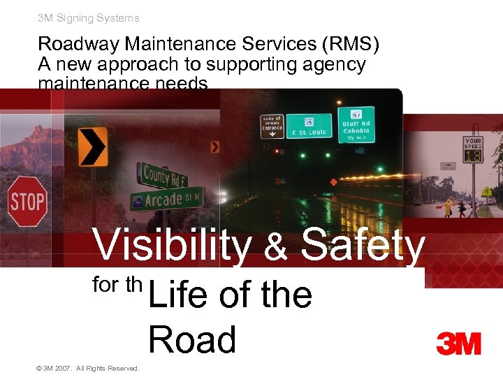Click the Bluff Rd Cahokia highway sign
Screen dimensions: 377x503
pyautogui.click(x=356, y=124)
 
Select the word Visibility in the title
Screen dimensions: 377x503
pyautogui.click(x=172, y=246)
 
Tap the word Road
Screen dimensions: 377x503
pyautogui.click(x=192, y=340)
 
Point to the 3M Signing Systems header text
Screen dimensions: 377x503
pyautogui.click(x=88, y=18)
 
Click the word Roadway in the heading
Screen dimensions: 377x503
pyautogui.click(x=78, y=45)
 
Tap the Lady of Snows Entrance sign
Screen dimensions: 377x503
pyautogui.click(x=272, y=126)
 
